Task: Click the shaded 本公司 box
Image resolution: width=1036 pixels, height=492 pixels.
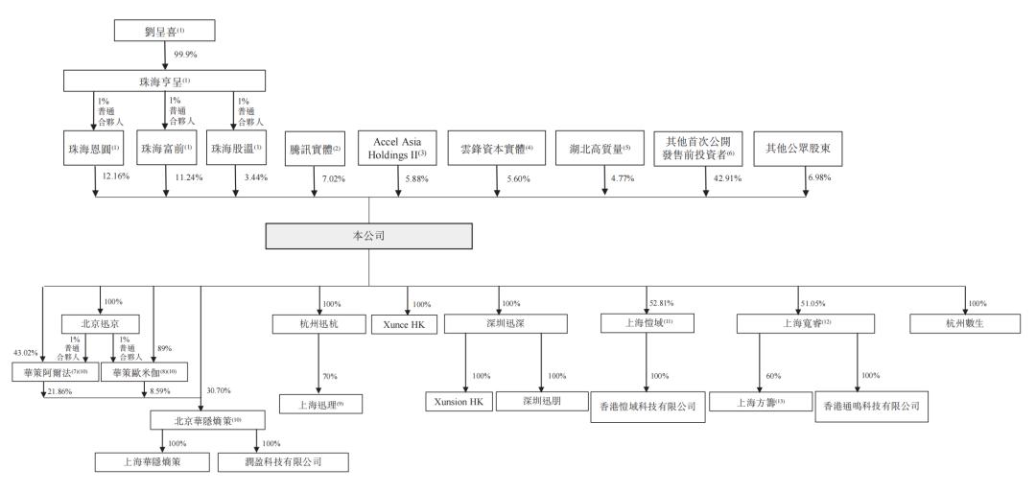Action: (369, 237)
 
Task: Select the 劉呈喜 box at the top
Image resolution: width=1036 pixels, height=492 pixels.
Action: (164, 30)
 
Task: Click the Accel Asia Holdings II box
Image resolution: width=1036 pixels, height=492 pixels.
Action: (392, 149)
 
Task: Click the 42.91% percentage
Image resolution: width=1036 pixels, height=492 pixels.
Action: (727, 178)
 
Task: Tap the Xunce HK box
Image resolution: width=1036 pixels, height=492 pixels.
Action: (405, 323)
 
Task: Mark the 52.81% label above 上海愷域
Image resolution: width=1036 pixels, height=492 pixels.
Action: (661, 302)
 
